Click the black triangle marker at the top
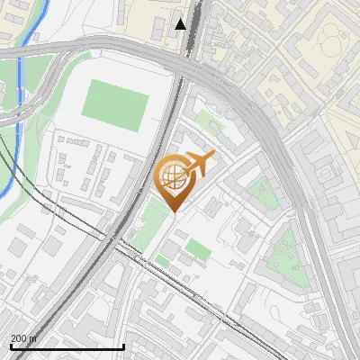(181, 24)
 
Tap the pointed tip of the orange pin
(171, 211)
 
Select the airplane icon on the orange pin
(199, 163)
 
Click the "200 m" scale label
(24, 338)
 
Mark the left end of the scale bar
(11, 346)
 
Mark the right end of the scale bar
(123, 346)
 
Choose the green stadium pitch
(114, 104)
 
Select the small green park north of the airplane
(209, 125)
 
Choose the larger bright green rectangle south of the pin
(199, 249)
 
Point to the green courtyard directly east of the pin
(261, 191)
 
